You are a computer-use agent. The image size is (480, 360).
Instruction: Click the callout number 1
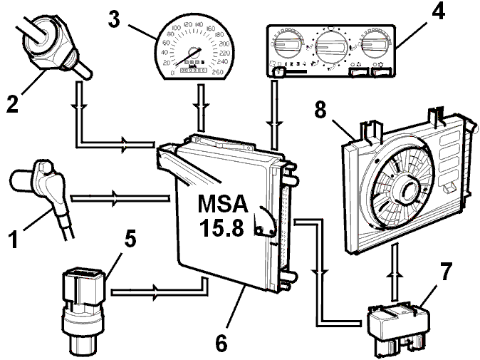click(13, 240)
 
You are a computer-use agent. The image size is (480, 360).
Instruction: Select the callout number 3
click(114, 19)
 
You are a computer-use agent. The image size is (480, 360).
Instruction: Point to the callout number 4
click(439, 11)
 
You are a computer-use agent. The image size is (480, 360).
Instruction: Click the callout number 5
click(130, 238)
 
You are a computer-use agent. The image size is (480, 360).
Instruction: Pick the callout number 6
click(221, 343)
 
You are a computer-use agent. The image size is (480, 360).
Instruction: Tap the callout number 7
click(446, 271)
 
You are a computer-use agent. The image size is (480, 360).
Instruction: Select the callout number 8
click(320, 110)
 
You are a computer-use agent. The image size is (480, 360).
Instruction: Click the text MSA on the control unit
click(223, 204)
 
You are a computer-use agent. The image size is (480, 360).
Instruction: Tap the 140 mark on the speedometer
click(199, 24)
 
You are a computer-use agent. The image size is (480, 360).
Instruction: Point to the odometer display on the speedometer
click(193, 71)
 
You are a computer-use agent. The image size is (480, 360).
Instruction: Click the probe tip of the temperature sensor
click(87, 73)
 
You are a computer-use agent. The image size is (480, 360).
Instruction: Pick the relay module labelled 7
click(398, 326)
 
